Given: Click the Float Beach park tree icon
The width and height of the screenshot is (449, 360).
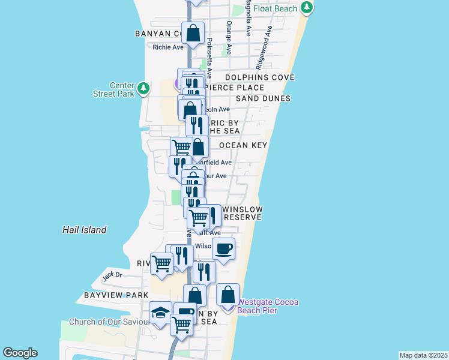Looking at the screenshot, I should point(307,7).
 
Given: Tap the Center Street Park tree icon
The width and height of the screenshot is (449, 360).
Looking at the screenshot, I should point(143,89).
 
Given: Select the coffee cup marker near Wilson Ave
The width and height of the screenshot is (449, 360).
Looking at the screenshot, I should point(224,248).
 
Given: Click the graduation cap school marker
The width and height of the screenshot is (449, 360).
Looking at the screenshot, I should point(160,313).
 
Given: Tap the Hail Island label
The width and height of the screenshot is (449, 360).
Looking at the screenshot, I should point(85,230).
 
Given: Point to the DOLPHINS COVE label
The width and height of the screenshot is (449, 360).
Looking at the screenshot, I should point(259,78).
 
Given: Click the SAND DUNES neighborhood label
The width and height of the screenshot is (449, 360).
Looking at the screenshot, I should point(263,98).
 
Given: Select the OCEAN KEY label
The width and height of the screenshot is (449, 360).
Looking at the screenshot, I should point(243,146).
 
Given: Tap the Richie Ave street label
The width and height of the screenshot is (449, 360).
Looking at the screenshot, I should point(168,47).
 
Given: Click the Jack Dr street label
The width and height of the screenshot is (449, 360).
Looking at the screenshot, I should point(112,276).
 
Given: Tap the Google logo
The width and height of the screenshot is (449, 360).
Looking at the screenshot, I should point(20,353).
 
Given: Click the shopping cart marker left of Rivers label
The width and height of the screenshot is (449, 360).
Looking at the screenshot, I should point(161,263).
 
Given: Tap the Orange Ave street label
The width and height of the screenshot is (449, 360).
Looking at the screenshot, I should point(229,33).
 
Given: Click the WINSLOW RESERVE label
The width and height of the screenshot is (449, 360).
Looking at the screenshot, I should point(242,213).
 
